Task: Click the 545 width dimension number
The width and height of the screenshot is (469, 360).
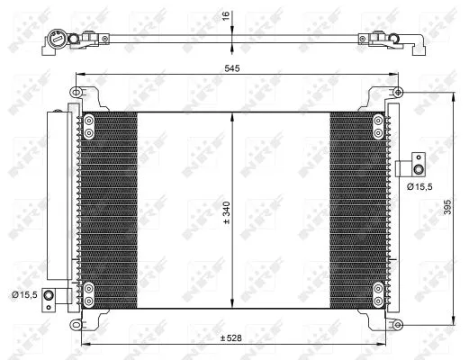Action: tap(233, 67)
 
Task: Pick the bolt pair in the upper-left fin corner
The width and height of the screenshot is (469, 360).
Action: tap(89, 124)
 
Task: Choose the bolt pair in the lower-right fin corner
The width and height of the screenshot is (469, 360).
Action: tap(377, 291)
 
